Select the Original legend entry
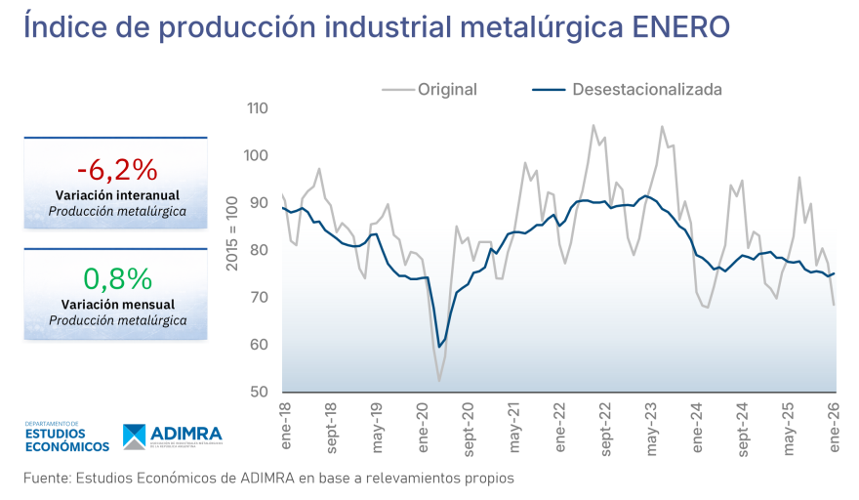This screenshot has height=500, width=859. [447, 90]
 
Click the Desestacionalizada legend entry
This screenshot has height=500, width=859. [646, 90]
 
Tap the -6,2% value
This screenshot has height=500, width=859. [116, 169]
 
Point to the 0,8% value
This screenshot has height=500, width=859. [116, 278]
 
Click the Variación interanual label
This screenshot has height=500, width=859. [116, 195]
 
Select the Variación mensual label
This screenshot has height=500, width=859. [116, 304]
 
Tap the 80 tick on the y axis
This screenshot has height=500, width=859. [259, 250]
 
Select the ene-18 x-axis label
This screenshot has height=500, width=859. [286, 426]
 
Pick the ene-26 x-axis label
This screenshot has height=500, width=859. [835, 426]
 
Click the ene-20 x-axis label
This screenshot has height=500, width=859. [423, 426]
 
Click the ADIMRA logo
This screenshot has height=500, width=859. [173, 436]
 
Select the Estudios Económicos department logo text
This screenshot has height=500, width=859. [65, 437]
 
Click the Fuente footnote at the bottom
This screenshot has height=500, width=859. [268, 479]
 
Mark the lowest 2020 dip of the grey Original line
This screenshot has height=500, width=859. [439, 380]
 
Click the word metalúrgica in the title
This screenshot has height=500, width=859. [534, 27]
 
